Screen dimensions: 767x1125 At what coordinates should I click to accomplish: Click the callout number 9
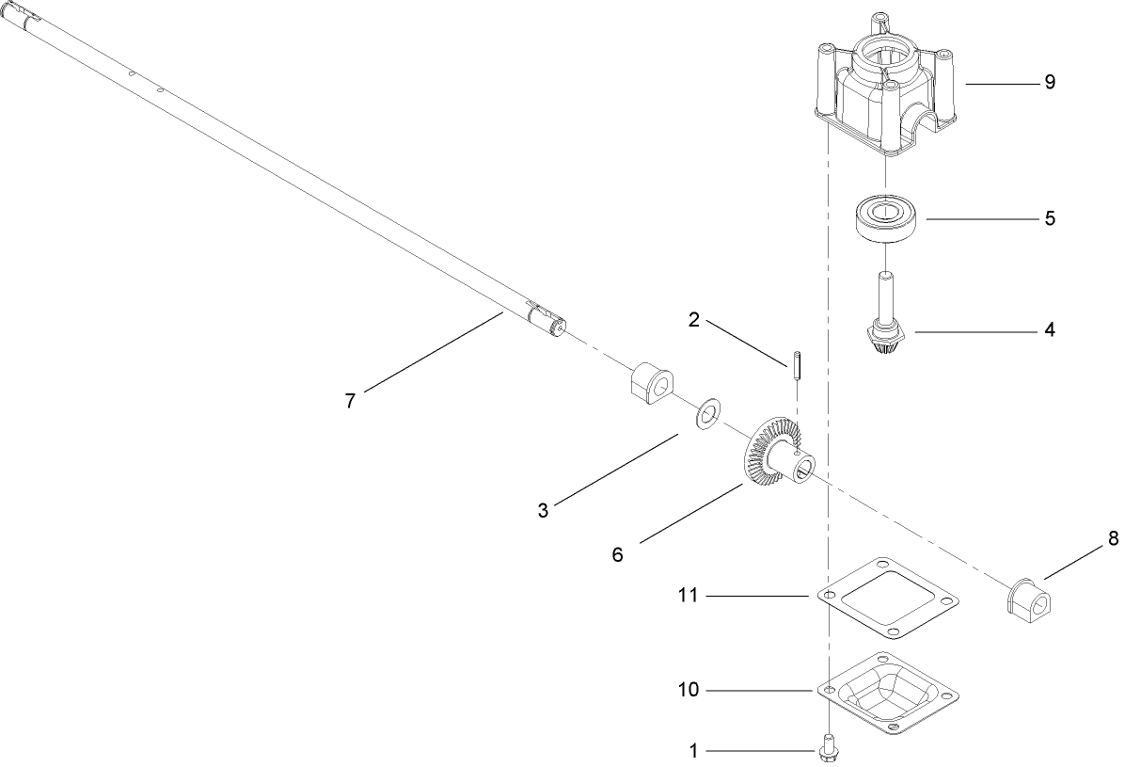(1049, 83)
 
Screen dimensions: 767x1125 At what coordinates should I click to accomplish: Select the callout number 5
(1049, 218)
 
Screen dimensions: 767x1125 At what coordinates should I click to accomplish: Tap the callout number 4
(1049, 330)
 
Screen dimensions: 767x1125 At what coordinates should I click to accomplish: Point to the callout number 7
(350, 400)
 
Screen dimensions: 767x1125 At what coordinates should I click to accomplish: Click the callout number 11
(689, 596)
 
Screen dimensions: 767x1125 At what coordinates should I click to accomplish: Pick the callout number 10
(689, 690)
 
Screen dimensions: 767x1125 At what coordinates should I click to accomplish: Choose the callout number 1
(693, 751)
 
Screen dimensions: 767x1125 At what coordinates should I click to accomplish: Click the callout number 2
(693, 320)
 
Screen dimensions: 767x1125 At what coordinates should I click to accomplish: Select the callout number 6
(617, 554)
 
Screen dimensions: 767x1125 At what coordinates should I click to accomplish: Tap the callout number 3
(543, 511)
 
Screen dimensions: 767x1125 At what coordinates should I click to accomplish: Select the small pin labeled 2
(794, 364)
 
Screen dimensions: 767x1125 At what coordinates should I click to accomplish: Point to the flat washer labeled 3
(706, 413)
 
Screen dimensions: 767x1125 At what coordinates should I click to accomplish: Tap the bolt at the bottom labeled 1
(829, 749)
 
